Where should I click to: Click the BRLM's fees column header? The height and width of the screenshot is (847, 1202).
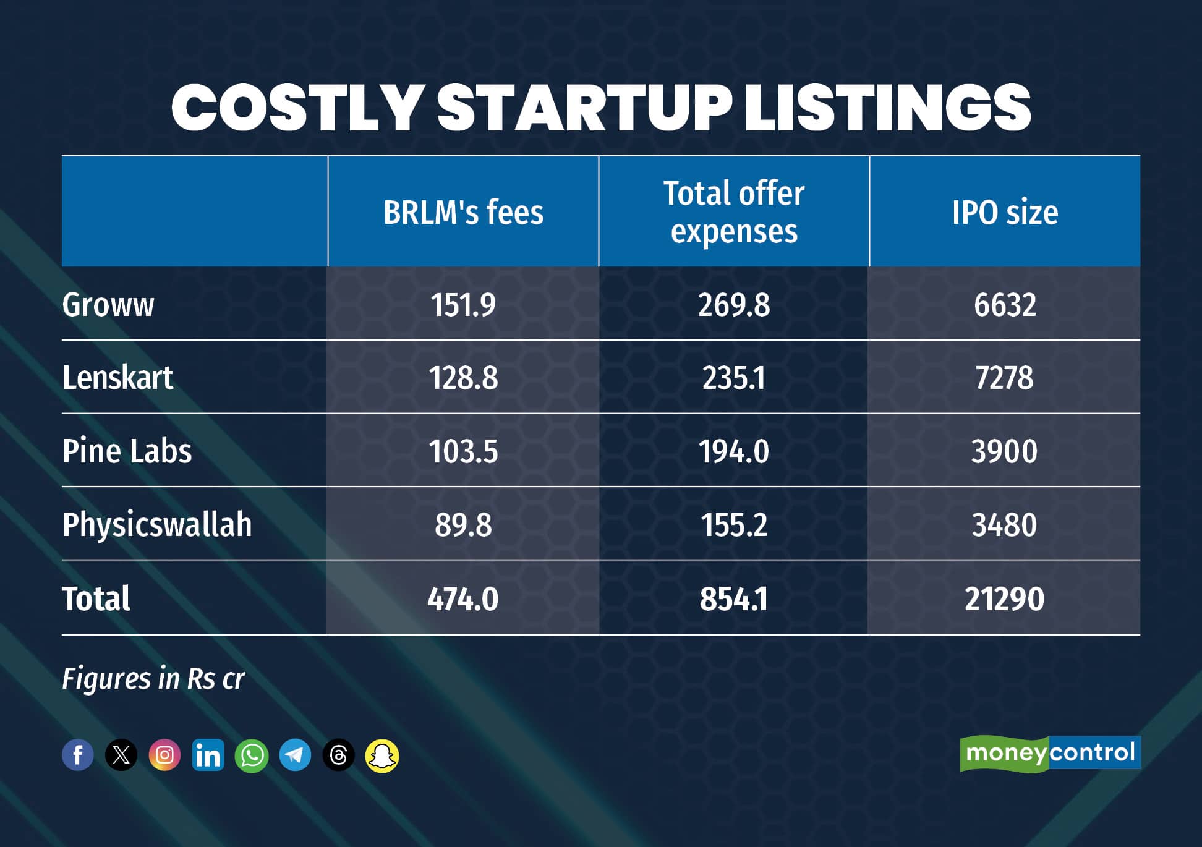[463, 212]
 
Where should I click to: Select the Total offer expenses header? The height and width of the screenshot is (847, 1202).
[734, 212]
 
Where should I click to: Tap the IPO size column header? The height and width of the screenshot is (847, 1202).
[1005, 212]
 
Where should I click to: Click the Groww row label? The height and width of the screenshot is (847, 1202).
[108, 305]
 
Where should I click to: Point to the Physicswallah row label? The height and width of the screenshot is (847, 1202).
[157, 525]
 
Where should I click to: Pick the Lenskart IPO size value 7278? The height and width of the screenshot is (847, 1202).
[1004, 378]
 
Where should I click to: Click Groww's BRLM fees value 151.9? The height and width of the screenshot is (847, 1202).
[463, 305]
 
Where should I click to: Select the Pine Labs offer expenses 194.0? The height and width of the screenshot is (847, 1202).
[734, 451]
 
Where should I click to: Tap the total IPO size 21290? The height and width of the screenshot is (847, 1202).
[1004, 598]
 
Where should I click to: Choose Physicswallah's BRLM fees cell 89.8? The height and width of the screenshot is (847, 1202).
[463, 525]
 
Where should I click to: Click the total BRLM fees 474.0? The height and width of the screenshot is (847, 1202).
[463, 598]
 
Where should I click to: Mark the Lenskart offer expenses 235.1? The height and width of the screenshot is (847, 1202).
[734, 378]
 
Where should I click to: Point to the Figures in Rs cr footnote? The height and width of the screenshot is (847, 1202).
[153, 679]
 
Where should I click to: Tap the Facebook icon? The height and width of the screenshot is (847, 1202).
[78, 755]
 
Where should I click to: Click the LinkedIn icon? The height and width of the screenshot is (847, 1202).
[208, 755]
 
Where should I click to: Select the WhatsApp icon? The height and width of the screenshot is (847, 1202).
[252, 755]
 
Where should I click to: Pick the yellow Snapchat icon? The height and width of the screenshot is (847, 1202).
[382, 755]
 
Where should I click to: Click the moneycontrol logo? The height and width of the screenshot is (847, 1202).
[1050, 753]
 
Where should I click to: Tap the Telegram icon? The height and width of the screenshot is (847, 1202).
[295, 755]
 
